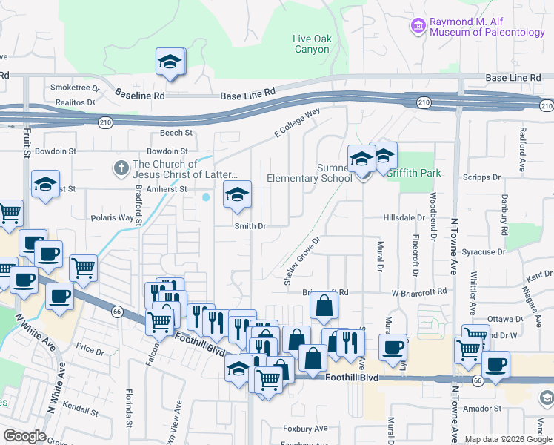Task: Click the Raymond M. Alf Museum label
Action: coord(483,27)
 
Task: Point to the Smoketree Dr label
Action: coord(70,87)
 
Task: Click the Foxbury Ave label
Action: coord(304,429)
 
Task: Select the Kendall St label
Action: coord(79,409)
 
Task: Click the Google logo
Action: coord(24,436)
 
